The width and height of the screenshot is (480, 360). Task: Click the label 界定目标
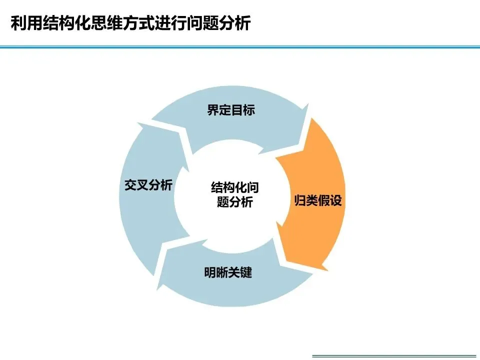pos(231,110)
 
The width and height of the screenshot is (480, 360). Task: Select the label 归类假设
pos(317,201)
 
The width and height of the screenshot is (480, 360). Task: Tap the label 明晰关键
pos(228,273)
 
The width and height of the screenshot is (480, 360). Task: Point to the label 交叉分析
pos(148,185)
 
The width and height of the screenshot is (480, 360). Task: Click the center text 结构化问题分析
pos(235,195)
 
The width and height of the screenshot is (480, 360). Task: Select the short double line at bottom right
pos(395,356)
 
